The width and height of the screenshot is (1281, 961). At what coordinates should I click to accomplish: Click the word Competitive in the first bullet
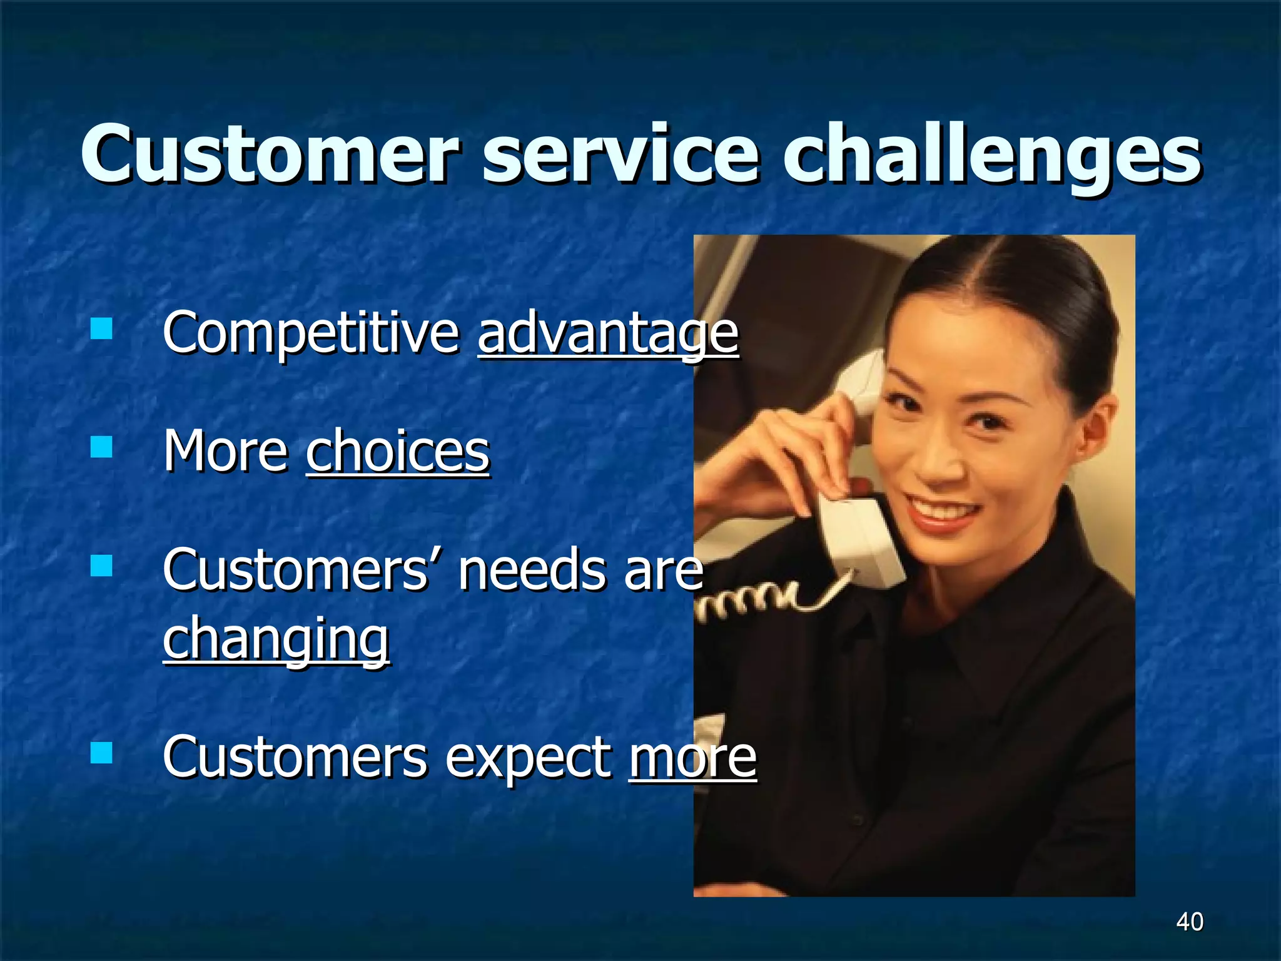pyautogui.click(x=311, y=333)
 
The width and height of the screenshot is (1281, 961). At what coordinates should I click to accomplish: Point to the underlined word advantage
pyautogui.click(x=607, y=335)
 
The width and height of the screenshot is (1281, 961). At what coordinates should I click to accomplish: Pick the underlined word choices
pyautogui.click(x=398, y=452)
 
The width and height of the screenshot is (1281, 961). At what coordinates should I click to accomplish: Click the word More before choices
pyautogui.click(x=226, y=452)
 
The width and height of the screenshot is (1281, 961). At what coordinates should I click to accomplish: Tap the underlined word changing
pyautogui.click(x=276, y=639)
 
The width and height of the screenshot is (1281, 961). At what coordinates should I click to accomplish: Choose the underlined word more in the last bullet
pyautogui.click(x=692, y=758)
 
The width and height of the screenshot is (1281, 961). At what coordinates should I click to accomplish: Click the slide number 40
pyautogui.click(x=1189, y=922)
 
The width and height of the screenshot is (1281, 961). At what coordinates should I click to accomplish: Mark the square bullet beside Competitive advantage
pyautogui.click(x=101, y=328)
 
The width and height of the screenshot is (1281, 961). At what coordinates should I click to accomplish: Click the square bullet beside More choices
pyautogui.click(x=101, y=447)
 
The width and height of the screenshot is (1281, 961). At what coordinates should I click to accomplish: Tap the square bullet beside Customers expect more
pyautogui.click(x=101, y=753)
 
